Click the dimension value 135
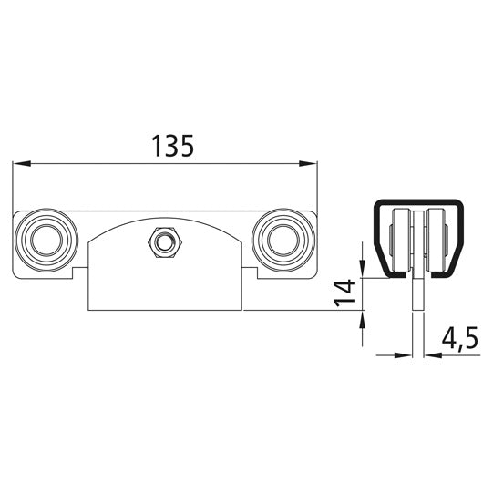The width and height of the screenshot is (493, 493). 172,146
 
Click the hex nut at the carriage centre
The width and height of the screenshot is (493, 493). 165,241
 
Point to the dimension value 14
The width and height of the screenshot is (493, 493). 344,293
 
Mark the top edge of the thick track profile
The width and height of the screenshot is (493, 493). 417,200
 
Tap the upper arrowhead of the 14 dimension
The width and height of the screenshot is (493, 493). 364,271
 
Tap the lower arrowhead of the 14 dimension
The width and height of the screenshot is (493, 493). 364,319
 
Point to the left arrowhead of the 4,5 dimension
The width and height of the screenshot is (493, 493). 406,354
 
